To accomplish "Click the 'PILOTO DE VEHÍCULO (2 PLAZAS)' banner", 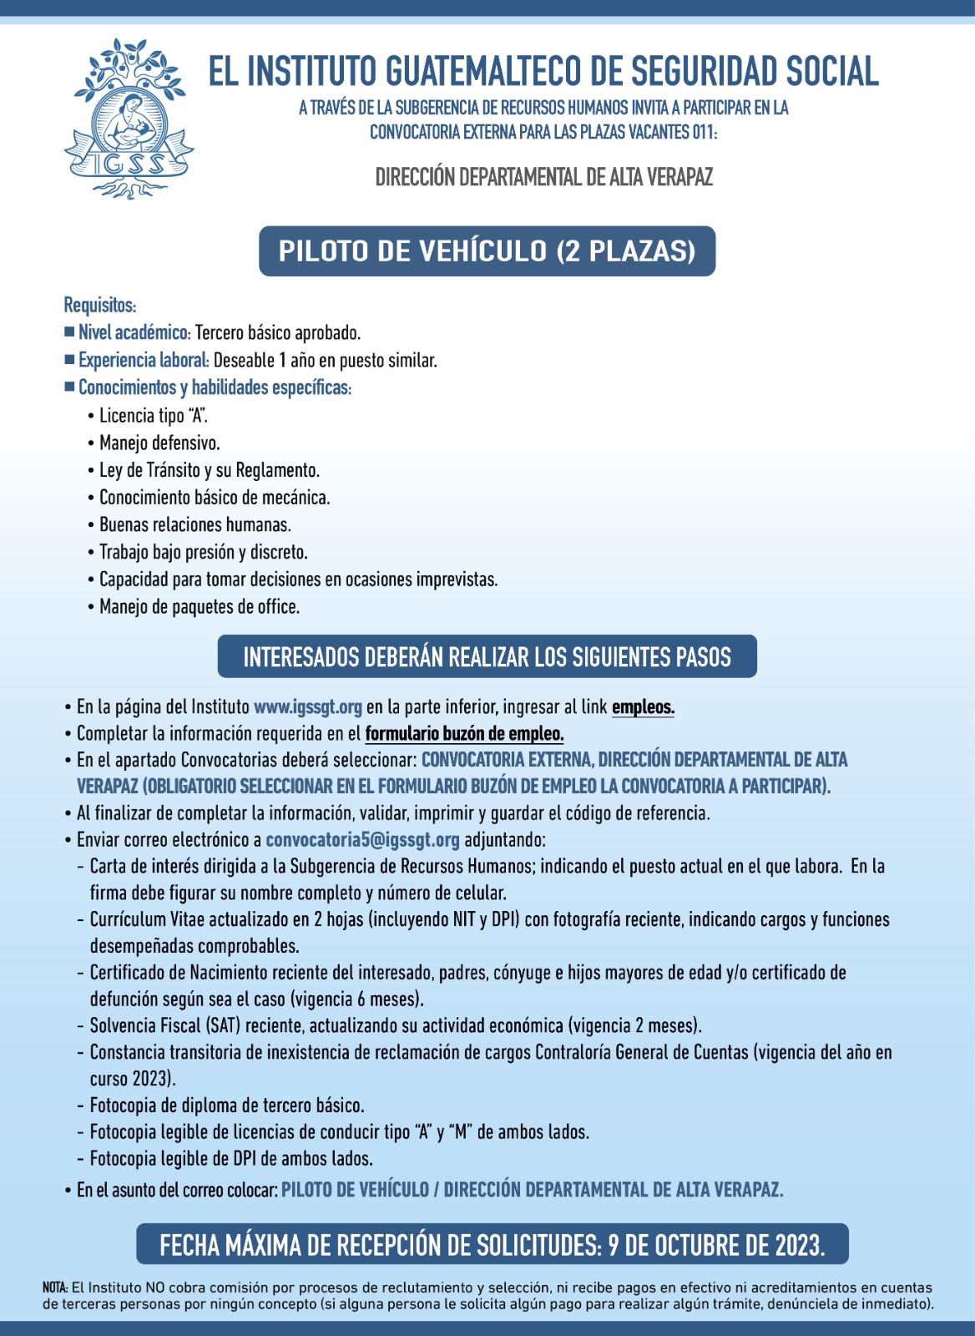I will pyautogui.click(x=487, y=250).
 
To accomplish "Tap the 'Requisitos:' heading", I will pyautogui.click(x=99, y=305).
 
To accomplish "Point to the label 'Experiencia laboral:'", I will pyautogui.click(x=143, y=360).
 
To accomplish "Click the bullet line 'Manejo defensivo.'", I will pyautogui.click(x=159, y=443).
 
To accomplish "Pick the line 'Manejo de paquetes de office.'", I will pyautogui.click(x=199, y=607).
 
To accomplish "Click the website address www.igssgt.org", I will pyautogui.click(x=307, y=706).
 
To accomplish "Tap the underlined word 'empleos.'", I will pyautogui.click(x=643, y=707).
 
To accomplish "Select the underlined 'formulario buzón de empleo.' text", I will pyautogui.click(x=464, y=734).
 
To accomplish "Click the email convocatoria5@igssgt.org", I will pyautogui.click(x=362, y=839).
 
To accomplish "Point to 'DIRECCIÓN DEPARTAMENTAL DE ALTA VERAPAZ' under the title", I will pyautogui.click(x=543, y=177).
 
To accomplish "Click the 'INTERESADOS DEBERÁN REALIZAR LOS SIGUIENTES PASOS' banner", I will pyautogui.click(x=487, y=657).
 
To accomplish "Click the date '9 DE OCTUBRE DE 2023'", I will pyautogui.click(x=715, y=1245).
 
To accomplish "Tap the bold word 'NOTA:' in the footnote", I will pyautogui.click(x=55, y=1288).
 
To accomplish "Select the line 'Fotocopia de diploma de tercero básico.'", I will pyautogui.click(x=226, y=1106).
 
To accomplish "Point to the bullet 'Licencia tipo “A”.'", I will pyautogui.click(x=153, y=415).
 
